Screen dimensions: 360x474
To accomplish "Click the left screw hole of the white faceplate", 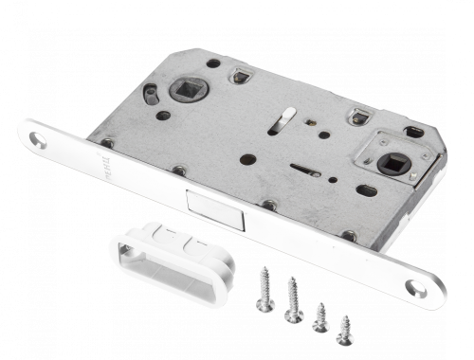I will click(37, 138).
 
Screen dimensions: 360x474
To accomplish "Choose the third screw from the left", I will click(322, 315).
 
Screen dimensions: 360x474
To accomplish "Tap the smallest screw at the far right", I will click(346, 328).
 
